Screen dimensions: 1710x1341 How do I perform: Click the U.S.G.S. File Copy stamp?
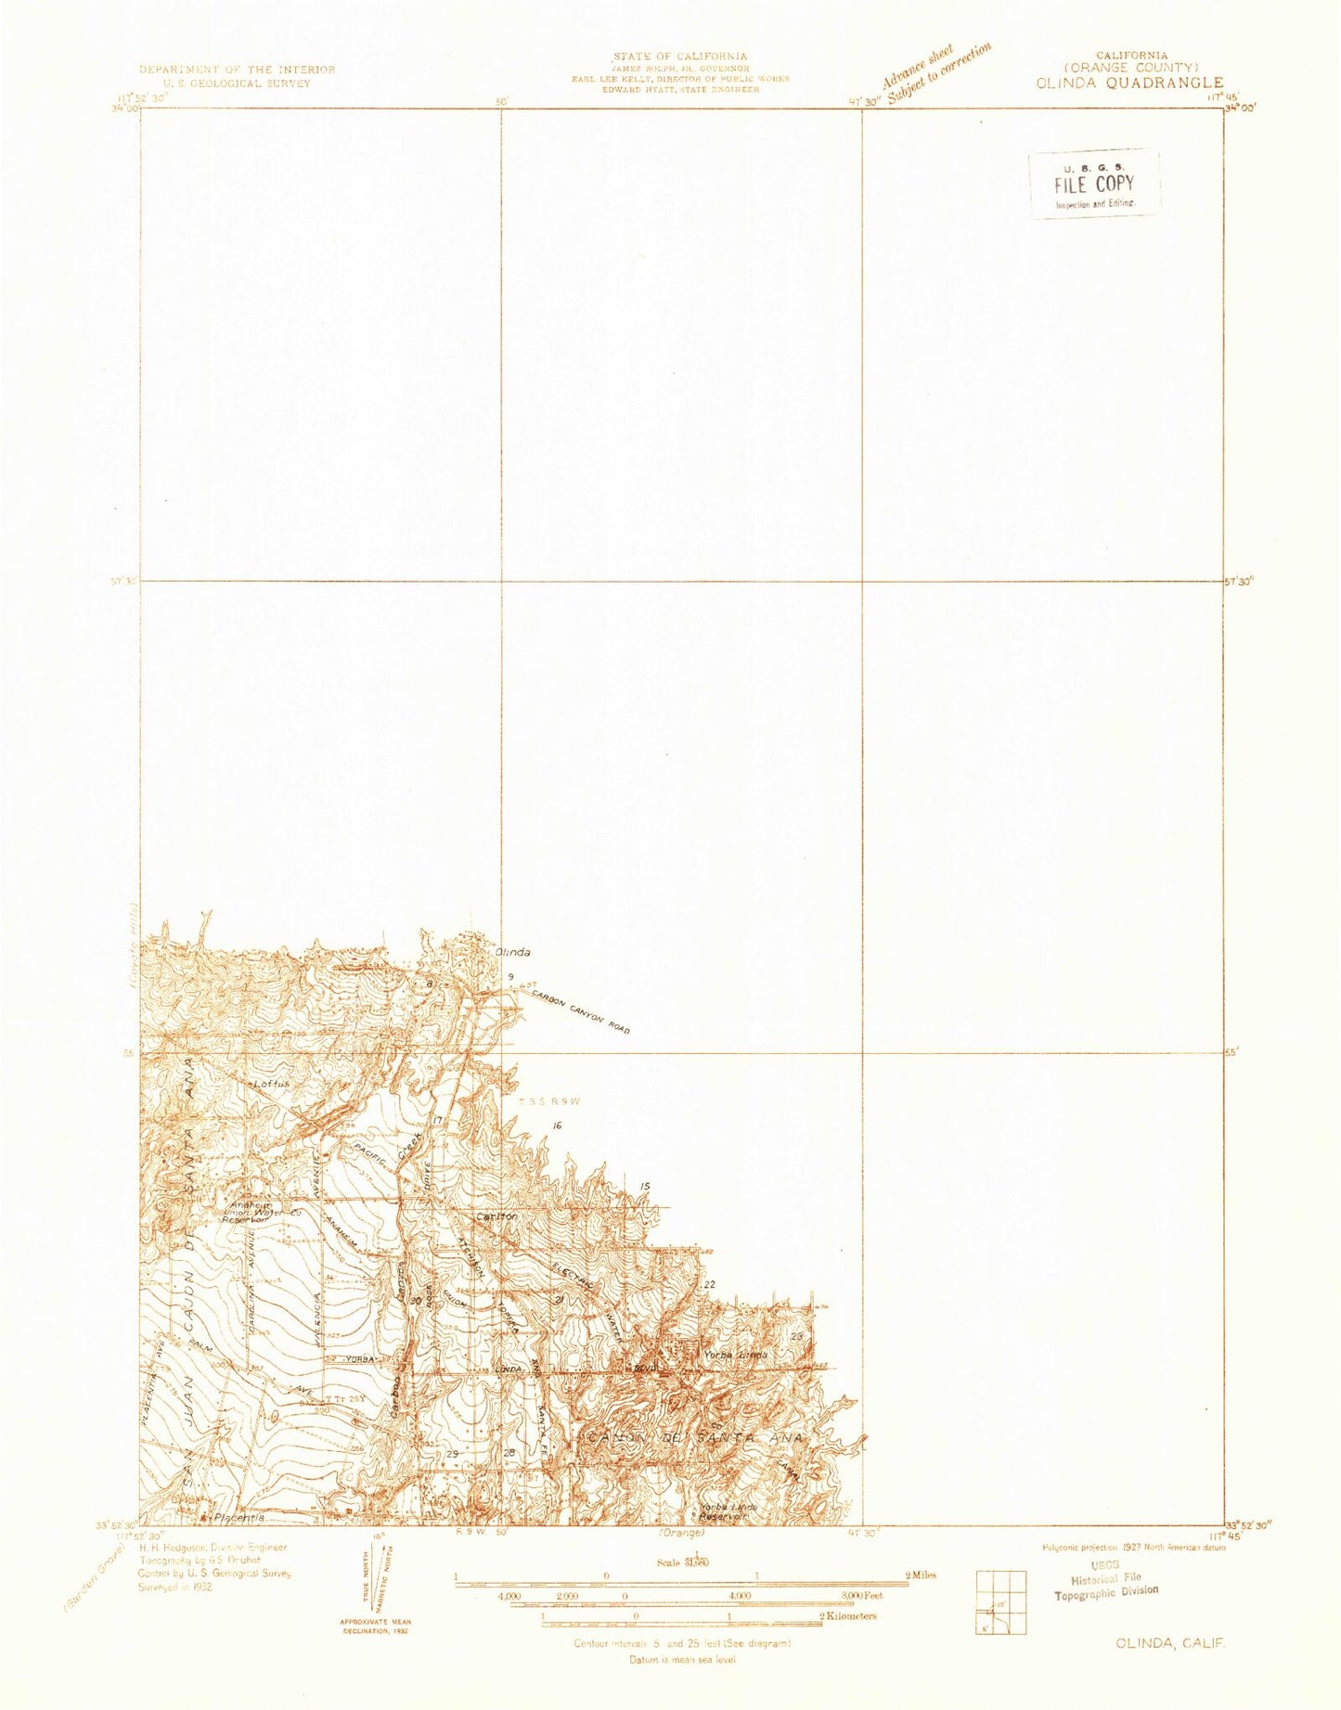(x=1093, y=184)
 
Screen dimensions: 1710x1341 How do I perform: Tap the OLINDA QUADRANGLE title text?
(x=1129, y=83)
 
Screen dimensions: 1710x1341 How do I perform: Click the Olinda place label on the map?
(x=512, y=953)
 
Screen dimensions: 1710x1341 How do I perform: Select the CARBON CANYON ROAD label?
(x=580, y=1011)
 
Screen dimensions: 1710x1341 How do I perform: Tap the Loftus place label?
(x=271, y=1083)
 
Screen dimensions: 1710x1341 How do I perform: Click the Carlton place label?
(x=496, y=1215)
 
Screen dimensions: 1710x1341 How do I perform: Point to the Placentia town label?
(x=239, y=1518)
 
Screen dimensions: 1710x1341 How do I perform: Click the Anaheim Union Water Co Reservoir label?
(x=246, y=1212)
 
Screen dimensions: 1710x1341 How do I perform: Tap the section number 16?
(x=557, y=1125)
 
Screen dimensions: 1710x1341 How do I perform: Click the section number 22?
(x=710, y=1284)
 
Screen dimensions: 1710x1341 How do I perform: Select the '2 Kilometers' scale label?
(x=848, y=1616)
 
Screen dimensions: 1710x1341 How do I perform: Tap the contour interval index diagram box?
(x=1000, y=1602)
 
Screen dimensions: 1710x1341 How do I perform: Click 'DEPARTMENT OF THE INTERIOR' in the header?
(x=237, y=70)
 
